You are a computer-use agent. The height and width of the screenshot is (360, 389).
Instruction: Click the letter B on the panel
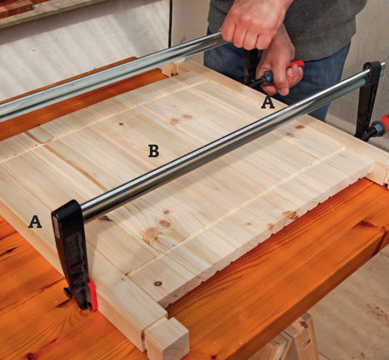click(154, 151)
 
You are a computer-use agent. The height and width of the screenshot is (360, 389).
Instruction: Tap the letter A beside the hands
click(268, 103)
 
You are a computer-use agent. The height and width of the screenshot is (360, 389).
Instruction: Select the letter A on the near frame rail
click(35, 222)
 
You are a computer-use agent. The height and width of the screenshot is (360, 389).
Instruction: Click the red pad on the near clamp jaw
click(93, 294)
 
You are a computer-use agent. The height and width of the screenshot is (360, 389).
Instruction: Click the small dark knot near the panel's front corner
click(157, 283)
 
